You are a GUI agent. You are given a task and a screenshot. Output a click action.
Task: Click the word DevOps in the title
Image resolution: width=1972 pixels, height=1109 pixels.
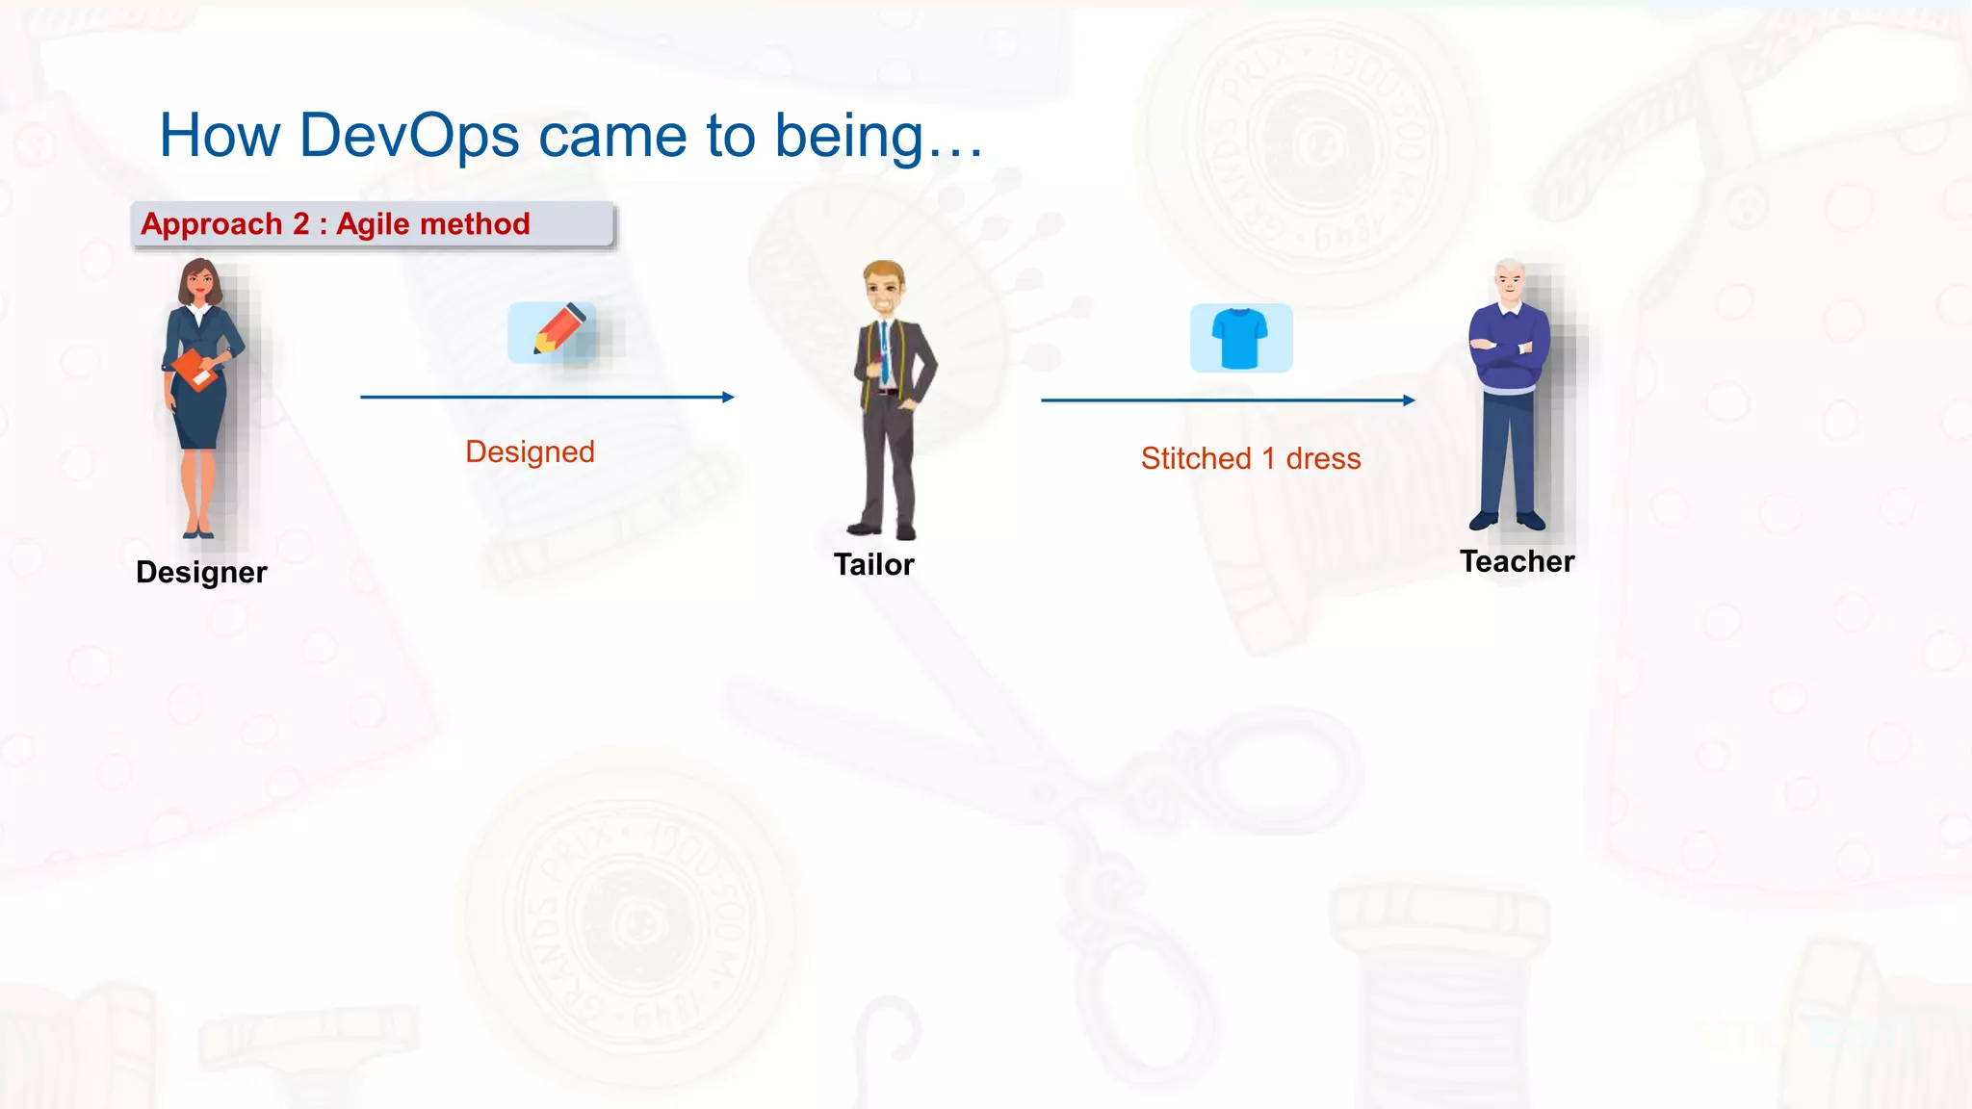point(409,135)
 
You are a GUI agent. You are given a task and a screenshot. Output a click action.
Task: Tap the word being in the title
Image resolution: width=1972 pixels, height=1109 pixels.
point(849,135)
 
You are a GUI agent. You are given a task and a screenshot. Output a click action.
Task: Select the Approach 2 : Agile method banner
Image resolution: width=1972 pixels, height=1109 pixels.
point(372,224)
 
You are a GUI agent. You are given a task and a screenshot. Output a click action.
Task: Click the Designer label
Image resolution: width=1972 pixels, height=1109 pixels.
point(201,572)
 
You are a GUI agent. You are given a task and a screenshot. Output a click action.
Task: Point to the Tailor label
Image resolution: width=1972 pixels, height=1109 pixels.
point(873,564)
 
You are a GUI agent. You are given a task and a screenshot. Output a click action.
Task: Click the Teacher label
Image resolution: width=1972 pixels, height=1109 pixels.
point(1517,561)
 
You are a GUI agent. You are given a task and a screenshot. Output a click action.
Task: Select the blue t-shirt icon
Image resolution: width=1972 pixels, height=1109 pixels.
point(1240,338)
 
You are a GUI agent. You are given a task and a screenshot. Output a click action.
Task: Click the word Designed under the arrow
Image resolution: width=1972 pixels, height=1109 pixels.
point(530,451)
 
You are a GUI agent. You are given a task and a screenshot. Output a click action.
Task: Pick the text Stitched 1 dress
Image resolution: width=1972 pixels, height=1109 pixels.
point(1251,458)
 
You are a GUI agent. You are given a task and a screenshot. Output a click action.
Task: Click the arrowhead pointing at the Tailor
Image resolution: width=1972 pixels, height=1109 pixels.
point(728,397)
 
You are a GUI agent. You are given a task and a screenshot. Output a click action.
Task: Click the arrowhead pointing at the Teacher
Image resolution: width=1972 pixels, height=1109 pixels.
point(1409,400)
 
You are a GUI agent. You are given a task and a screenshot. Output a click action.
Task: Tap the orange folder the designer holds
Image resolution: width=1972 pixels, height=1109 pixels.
point(195,371)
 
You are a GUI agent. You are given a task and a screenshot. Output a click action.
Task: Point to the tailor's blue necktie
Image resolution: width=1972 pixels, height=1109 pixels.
point(884,352)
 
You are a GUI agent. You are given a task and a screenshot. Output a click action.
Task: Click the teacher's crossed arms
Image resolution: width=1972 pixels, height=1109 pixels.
point(1508,350)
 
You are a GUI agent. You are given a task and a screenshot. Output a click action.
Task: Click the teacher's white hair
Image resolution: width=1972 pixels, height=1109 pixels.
point(1509,267)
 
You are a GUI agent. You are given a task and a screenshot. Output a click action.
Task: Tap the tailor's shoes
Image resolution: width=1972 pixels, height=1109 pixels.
point(882,530)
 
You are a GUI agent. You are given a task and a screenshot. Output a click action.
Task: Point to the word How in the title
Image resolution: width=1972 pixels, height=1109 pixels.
point(220,135)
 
